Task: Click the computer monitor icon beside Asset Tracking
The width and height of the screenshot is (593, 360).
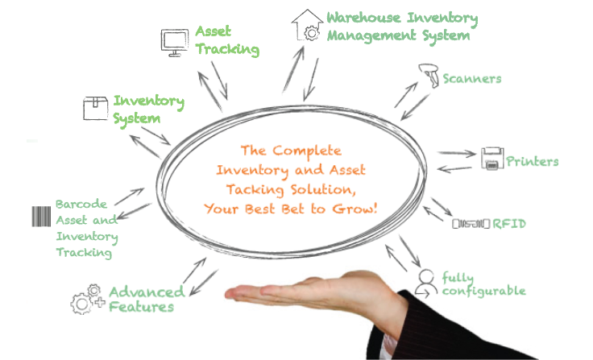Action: click(174, 43)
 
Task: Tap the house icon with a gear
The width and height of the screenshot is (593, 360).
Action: click(307, 25)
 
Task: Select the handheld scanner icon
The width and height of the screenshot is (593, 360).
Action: click(429, 75)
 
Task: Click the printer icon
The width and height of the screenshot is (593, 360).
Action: click(492, 158)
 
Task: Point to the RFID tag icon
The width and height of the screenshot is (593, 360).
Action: click(471, 224)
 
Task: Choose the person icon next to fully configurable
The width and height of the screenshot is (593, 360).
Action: click(426, 283)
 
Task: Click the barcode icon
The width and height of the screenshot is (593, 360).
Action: click(41, 217)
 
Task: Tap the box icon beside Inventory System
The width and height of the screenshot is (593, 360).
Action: click(95, 109)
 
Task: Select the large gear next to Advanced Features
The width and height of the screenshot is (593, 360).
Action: click(81, 304)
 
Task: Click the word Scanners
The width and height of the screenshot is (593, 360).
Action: click(472, 79)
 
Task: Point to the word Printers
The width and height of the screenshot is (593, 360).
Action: click(532, 161)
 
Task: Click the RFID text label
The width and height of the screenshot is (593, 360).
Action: click(509, 224)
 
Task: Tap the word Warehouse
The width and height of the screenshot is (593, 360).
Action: click(363, 18)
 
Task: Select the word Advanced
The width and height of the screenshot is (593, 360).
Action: click(147, 292)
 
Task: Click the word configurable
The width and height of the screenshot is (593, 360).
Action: click(483, 292)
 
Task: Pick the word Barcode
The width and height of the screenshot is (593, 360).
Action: click(81, 205)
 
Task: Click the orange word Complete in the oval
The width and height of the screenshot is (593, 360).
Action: click(307, 151)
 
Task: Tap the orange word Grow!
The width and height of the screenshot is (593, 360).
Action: click(355, 209)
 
